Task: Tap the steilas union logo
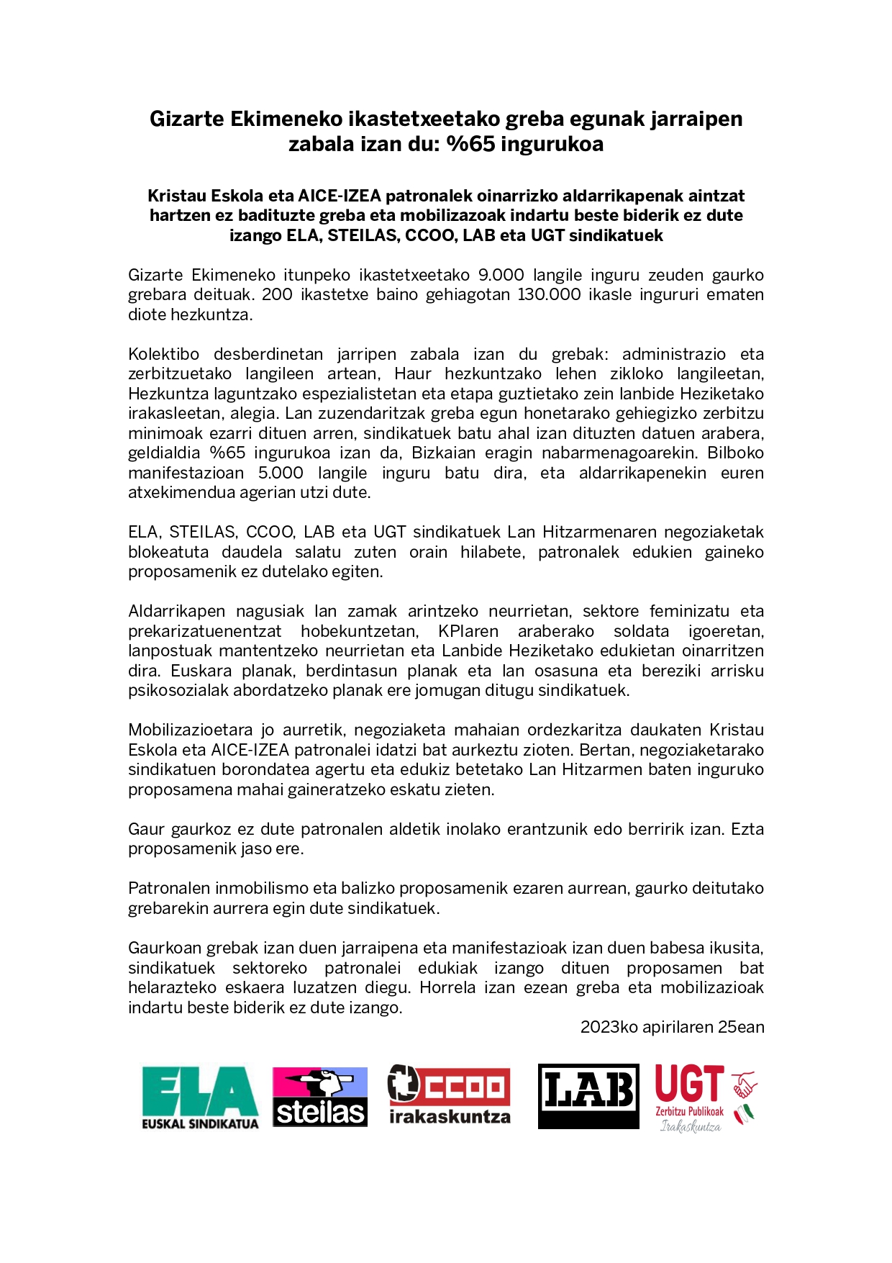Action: click(x=320, y=1097)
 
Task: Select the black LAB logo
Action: click(x=588, y=1095)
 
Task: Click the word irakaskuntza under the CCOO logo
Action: click(x=450, y=1117)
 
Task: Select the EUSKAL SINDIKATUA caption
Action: click(x=200, y=1124)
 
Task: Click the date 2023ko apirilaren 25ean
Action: click(x=672, y=1027)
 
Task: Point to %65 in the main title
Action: click(x=470, y=144)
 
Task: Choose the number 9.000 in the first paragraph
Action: click(x=501, y=275)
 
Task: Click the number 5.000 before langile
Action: click(x=281, y=473)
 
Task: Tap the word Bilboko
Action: click(x=735, y=453)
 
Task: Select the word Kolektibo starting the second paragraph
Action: click(x=163, y=354)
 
